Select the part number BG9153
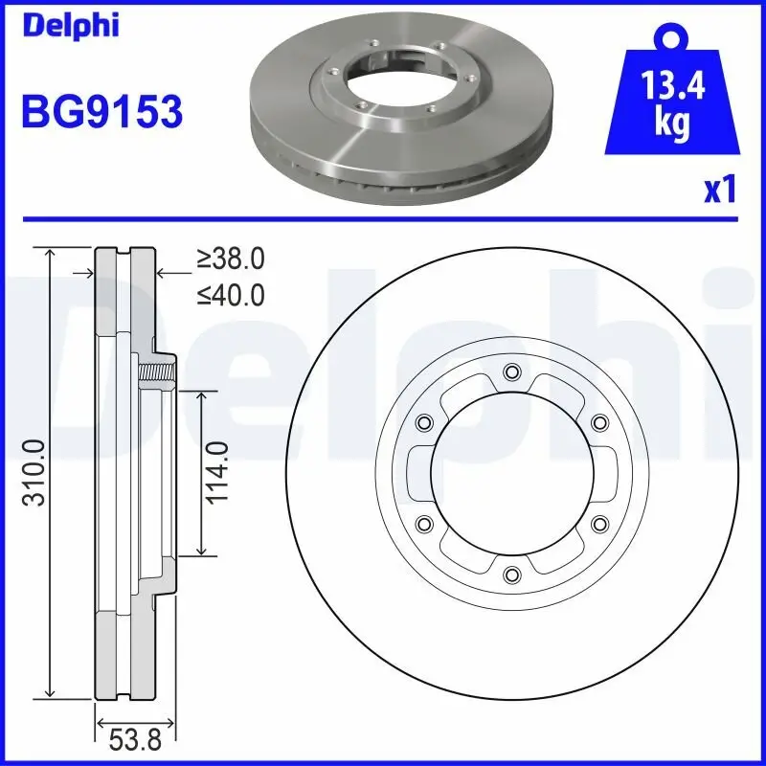click(101, 113)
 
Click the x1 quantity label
click(720, 191)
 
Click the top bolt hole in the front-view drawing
click(510, 372)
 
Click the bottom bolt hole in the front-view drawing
click(510, 574)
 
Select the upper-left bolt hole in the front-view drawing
click(422, 422)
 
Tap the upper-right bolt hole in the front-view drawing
click(598, 422)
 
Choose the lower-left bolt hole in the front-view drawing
click(422, 523)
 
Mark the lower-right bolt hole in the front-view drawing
click(598, 523)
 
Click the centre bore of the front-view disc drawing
click(510, 473)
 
